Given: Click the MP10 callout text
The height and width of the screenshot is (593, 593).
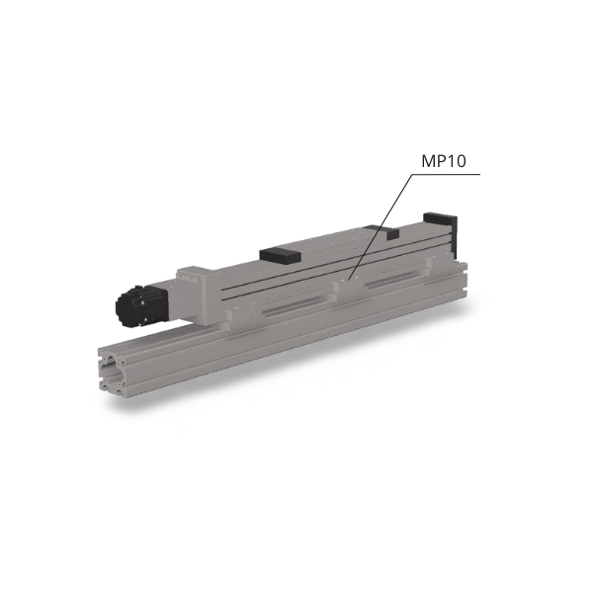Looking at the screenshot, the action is pyautogui.click(x=444, y=161).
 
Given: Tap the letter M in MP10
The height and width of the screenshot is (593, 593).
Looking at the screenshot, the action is pyautogui.click(x=428, y=161).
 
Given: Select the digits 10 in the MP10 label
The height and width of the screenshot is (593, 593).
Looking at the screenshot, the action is pyautogui.click(x=458, y=161).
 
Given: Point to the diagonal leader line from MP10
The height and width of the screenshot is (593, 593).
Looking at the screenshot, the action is pyautogui.click(x=381, y=227).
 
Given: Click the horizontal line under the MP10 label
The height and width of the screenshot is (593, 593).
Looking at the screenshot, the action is pyautogui.click(x=447, y=174).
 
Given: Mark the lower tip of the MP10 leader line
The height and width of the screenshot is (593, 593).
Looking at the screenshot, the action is pyautogui.click(x=348, y=280).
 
